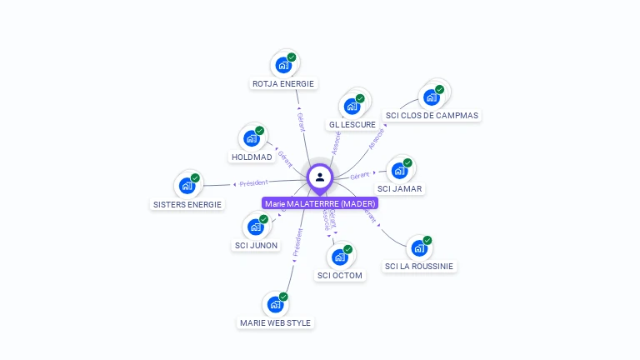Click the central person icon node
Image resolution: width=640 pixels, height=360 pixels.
click(x=320, y=177)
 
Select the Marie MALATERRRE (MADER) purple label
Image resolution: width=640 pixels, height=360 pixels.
click(x=320, y=203)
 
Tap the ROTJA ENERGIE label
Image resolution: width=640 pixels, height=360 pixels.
click(x=283, y=83)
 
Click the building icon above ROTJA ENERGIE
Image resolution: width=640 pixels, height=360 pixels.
click(x=283, y=64)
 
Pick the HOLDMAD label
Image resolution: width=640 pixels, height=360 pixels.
click(x=252, y=157)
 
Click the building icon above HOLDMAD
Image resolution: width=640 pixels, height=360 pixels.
click(x=251, y=137)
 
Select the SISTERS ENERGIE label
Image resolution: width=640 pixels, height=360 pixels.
click(x=187, y=204)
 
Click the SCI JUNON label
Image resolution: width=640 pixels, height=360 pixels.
click(x=257, y=245)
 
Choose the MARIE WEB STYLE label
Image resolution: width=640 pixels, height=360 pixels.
click(x=275, y=322)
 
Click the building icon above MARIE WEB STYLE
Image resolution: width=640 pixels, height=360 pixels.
click(x=275, y=304)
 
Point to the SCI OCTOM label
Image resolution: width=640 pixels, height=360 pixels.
click(x=340, y=275)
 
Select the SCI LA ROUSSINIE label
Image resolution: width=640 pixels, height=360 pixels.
click(x=419, y=266)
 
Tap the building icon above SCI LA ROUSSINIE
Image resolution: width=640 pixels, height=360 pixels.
click(x=418, y=247)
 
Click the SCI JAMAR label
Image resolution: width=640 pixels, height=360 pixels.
click(x=400, y=188)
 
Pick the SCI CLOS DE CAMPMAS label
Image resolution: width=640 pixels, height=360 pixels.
click(x=432, y=115)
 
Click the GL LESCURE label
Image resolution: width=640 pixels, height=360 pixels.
click(x=352, y=124)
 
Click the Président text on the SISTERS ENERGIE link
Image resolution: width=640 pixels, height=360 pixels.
click(x=253, y=182)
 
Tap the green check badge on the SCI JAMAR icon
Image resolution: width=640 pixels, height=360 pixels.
click(x=407, y=162)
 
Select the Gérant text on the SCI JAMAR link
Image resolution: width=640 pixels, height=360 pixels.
click(x=359, y=176)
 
